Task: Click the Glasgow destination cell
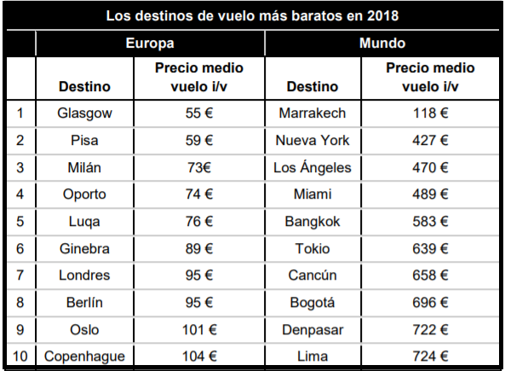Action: pyautogui.click(x=84, y=113)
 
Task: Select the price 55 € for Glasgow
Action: pyautogui.click(x=199, y=113)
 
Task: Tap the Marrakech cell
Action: pyautogui.click(x=313, y=113)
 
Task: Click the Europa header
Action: pyautogui.click(x=150, y=43)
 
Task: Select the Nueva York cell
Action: pyautogui.click(x=313, y=140)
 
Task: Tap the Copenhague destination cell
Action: pyautogui.click(x=84, y=357)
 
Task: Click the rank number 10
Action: pyautogui.click(x=20, y=357)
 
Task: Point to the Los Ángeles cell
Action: pyautogui.click(x=313, y=167)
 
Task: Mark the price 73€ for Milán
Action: pyautogui.click(x=199, y=167)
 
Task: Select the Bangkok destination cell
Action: pyautogui.click(x=313, y=221)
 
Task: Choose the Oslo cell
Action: pyautogui.click(x=84, y=329)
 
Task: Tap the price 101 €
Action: pyautogui.click(x=199, y=329)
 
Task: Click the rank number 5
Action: pyautogui.click(x=20, y=221)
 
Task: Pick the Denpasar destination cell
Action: pyautogui.click(x=313, y=329)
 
